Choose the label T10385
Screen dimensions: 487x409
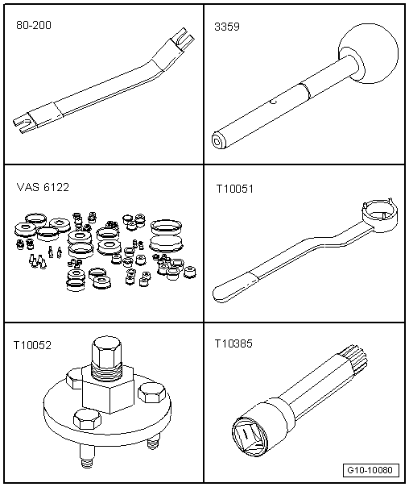pyautogui.click(x=233, y=343)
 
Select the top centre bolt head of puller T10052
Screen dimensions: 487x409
pyautogui.click(x=105, y=354)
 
